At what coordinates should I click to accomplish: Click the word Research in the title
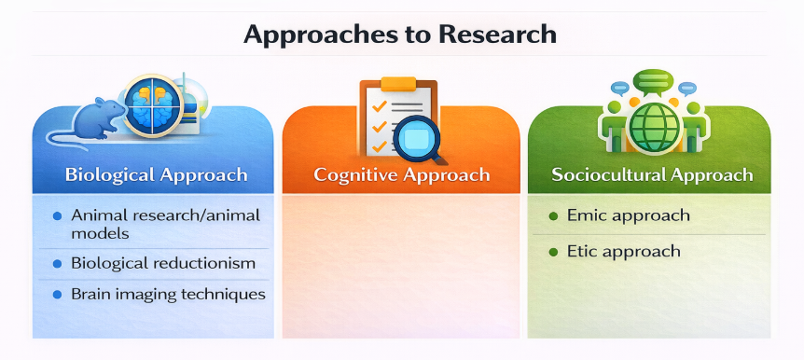coord(497,34)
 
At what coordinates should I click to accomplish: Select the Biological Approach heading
coord(157,175)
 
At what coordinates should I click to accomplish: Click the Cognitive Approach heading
coord(401,175)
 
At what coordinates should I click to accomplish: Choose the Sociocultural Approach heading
coord(652,175)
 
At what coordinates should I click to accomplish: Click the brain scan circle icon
coord(154,105)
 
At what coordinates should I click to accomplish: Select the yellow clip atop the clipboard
coord(398,84)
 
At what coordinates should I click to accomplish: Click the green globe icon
coord(653,126)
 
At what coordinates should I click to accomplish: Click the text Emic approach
coord(628,215)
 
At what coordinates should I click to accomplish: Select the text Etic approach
coord(623,251)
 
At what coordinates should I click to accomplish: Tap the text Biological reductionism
coord(163,264)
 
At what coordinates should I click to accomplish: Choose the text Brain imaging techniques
coord(168,295)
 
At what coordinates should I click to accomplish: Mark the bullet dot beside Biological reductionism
coord(58,264)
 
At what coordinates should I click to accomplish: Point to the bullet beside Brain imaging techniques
coord(58,295)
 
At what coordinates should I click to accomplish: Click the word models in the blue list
coord(100,233)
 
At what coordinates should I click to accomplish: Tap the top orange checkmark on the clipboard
coord(379,106)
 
